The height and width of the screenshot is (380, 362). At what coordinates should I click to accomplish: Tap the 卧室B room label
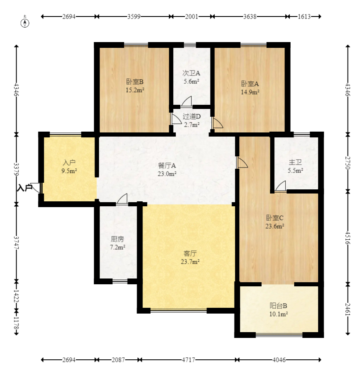click(x=135, y=82)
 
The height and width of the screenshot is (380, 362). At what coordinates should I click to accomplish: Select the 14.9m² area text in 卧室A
click(x=250, y=92)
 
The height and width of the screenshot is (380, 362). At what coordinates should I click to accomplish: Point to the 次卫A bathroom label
click(x=191, y=73)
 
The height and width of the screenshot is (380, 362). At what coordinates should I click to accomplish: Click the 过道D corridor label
click(x=192, y=117)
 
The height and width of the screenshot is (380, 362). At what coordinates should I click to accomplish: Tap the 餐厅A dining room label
click(x=167, y=166)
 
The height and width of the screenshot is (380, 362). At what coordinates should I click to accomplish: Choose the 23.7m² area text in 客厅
click(x=190, y=262)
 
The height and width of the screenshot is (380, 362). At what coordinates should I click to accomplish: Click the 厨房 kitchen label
click(x=117, y=239)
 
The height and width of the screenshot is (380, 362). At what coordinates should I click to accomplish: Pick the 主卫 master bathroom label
click(x=295, y=162)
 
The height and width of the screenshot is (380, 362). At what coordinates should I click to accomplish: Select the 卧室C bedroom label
click(x=275, y=218)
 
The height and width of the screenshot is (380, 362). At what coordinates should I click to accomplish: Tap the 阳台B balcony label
click(x=278, y=306)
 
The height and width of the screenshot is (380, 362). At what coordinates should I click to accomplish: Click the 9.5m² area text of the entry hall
click(x=69, y=171)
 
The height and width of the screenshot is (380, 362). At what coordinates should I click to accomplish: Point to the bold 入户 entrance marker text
click(x=25, y=188)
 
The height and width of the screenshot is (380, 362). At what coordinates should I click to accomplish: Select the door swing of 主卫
click(x=281, y=186)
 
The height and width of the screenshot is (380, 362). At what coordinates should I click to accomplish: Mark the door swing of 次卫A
click(x=187, y=101)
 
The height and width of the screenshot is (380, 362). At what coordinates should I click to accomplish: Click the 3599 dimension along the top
click(x=134, y=17)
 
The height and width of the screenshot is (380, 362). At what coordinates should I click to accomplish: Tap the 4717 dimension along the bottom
click(x=188, y=360)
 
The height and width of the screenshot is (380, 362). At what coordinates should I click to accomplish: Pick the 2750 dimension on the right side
click(x=348, y=163)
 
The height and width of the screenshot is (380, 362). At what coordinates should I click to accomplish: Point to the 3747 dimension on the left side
click(x=16, y=243)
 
